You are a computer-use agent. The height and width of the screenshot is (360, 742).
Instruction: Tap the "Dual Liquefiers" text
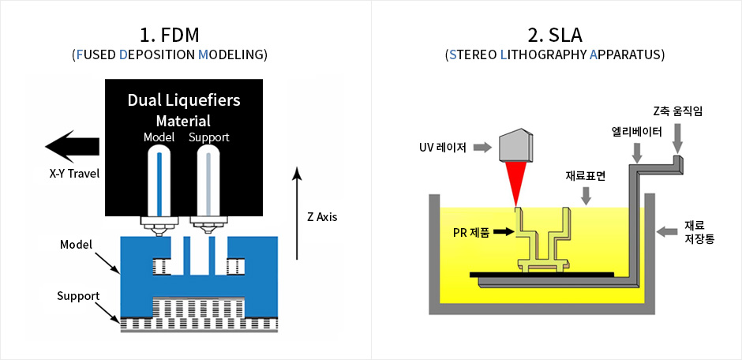point(184,101)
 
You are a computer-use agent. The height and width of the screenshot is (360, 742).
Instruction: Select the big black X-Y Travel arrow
point(73,146)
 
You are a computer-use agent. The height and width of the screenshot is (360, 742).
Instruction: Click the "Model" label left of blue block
point(76,245)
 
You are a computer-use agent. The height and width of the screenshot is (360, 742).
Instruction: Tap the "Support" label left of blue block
point(78,296)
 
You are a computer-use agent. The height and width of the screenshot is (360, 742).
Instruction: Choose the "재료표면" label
point(585,176)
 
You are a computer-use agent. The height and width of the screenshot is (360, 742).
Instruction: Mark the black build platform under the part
point(542,273)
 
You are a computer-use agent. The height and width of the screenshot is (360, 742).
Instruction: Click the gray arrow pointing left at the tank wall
point(668,231)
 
